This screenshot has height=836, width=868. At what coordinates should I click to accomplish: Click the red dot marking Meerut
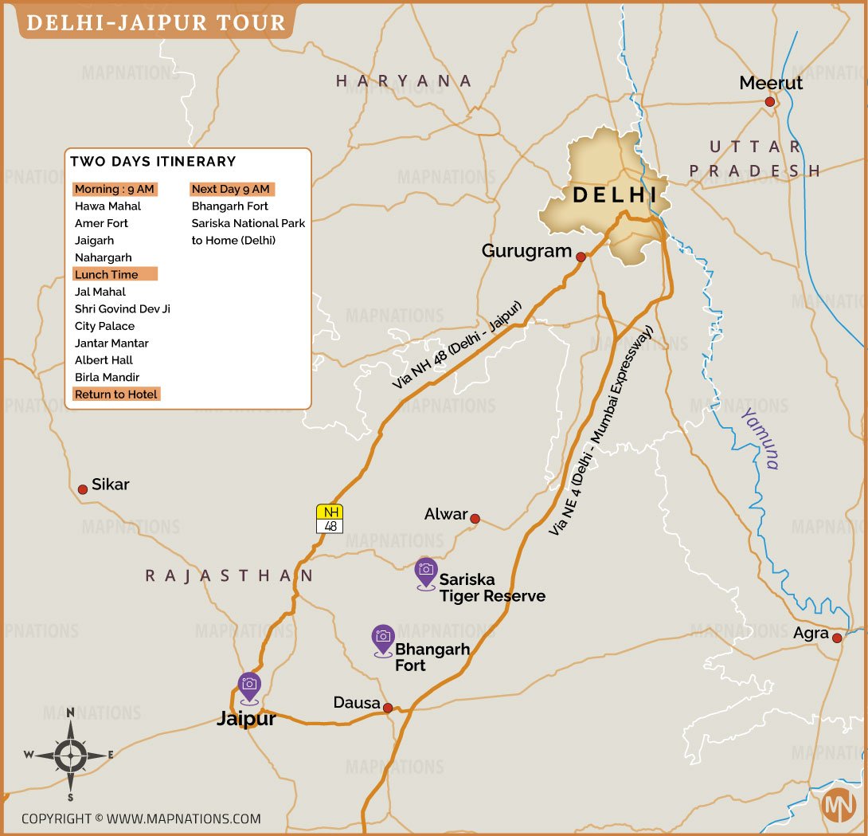point(769,102)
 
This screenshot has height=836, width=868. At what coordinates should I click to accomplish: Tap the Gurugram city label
point(526,251)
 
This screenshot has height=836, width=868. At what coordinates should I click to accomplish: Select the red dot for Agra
point(837,638)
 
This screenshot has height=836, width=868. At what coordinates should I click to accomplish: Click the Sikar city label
point(110,485)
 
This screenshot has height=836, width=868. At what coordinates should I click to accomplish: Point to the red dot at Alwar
point(475,519)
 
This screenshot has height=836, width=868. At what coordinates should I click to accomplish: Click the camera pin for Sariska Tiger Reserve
point(426,571)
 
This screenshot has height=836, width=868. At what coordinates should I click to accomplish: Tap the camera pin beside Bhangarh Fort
point(383,638)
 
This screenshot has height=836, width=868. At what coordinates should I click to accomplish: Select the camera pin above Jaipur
point(249,686)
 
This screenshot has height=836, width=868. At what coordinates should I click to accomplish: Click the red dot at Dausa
point(388,708)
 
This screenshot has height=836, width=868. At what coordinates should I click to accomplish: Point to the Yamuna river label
point(760,438)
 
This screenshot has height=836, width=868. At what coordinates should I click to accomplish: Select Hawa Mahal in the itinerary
point(108,206)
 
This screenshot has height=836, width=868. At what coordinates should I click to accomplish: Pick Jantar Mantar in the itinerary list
point(111,343)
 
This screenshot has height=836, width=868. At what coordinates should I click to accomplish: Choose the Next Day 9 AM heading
point(231,189)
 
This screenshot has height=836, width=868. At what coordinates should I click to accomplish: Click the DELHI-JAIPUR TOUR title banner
point(156,22)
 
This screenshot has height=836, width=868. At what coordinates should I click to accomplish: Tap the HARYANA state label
point(404,80)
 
